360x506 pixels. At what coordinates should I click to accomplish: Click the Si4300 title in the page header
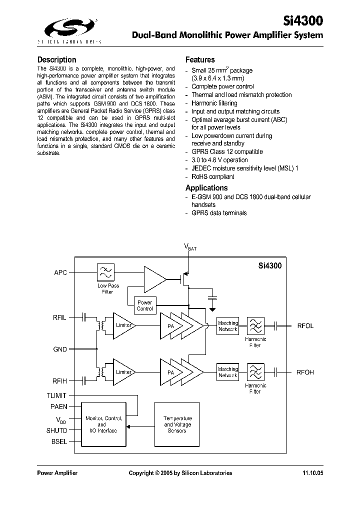[x=304, y=20]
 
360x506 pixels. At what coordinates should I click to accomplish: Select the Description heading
[x=57, y=59]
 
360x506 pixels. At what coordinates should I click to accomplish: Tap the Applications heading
[x=206, y=188]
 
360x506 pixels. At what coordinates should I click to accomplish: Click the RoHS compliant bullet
[x=212, y=176]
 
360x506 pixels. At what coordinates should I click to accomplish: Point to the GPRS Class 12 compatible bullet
[x=227, y=151]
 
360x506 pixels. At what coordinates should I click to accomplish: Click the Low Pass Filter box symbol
[x=105, y=272]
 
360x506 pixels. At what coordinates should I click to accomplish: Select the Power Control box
[x=144, y=305]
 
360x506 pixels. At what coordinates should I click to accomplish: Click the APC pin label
[x=60, y=272]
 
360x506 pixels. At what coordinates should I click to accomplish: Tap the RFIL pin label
[x=59, y=317]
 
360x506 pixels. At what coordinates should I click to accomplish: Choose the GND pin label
[x=60, y=349]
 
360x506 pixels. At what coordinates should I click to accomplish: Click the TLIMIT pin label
[x=56, y=395]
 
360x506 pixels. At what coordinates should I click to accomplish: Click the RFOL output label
[x=305, y=326]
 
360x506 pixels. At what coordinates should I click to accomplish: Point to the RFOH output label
[x=305, y=372]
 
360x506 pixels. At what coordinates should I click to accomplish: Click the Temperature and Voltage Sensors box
[x=177, y=424]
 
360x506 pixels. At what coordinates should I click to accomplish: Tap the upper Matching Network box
[x=228, y=326]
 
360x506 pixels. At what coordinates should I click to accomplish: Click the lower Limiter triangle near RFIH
[x=122, y=372]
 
